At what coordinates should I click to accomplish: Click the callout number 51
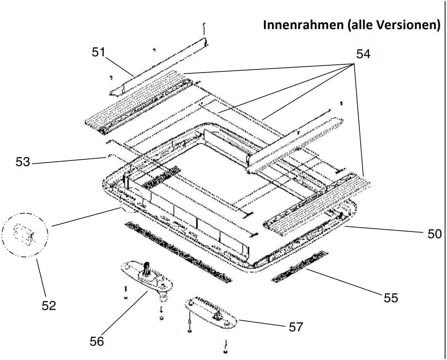[x=99, y=52]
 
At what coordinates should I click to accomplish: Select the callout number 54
[x=363, y=55]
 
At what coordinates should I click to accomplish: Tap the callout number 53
[x=23, y=162]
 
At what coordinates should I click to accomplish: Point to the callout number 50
[x=434, y=234]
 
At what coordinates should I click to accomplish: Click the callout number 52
[x=49, y=305]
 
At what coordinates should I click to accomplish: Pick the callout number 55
[x=391, y=298]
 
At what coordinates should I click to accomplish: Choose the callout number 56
[x=97, y=341]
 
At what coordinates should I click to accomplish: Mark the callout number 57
[x=295, y=327]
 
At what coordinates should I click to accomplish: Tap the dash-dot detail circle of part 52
[x=25, y=235]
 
